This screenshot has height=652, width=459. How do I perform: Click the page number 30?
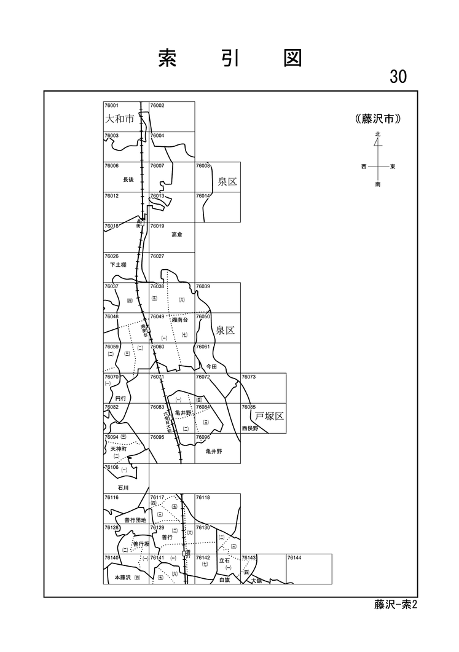(x=398, y=76)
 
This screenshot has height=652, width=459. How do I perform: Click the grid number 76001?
(x=111, y=106)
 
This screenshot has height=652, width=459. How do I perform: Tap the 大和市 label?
(x=119, y=119)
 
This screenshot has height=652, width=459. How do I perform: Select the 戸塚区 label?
(x=269, y=416)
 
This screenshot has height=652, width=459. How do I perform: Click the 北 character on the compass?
(x=378, y=134)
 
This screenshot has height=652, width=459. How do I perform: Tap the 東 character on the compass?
(x=393, y=167)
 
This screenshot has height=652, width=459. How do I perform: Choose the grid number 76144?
(x=294, y=558)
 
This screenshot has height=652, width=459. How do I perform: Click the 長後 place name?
(x=128, y=179)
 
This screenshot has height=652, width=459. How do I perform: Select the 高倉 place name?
(x=177, y=234)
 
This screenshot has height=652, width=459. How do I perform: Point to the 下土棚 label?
(x=118, y=264)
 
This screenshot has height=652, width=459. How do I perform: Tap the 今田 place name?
(x=212, y=366)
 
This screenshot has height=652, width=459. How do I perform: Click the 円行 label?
(x=120, y=398)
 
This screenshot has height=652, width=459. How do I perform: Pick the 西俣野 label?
(x=251, y=428)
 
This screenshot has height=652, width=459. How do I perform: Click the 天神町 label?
(x=118, y=449)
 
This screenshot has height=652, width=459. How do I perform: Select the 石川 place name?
(x=123, y=487)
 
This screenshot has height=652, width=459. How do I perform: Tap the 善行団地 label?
(x=135, y=520)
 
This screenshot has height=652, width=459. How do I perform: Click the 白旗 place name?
(x=224, y=579)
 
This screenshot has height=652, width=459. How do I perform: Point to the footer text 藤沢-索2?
(x=395, y=605)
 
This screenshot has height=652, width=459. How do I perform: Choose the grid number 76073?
(x=249, y=377)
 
